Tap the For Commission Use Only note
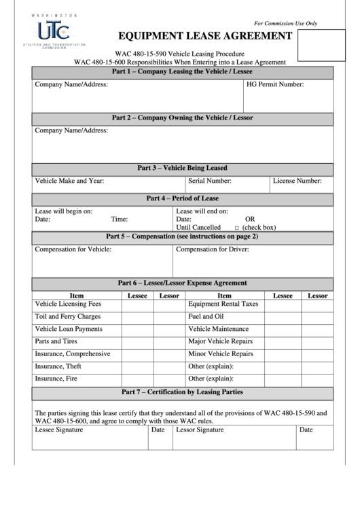285,23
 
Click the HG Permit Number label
274,85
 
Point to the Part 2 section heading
182,118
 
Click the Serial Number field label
210,181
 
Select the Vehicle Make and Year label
69,181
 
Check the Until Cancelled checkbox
237,228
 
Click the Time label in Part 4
120,219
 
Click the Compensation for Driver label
213,249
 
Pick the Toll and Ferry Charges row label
68,317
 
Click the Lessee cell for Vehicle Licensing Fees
137,304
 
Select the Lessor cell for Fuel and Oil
317,317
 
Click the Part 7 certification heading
182,392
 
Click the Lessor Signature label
200,430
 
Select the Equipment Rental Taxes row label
223,304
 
